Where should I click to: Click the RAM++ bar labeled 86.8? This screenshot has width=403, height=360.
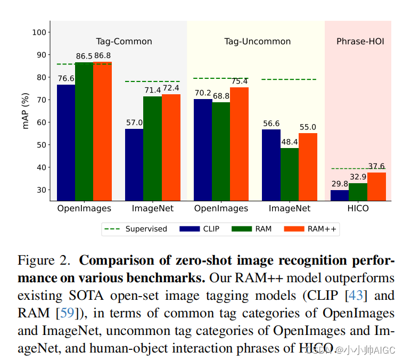[102, 131]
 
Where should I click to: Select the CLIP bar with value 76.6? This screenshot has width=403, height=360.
[66, 142]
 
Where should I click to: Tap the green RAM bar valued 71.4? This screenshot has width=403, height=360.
[152, 148]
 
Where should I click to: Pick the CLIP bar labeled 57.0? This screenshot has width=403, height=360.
[134, 165]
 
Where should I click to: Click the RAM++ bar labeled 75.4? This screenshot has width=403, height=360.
[239, 144]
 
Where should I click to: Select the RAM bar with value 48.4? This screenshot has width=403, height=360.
[290, 174]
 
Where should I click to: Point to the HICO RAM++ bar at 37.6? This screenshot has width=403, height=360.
[376, 186]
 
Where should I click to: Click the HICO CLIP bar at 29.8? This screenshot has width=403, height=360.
[340, 195]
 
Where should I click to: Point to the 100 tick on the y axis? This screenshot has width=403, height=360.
[38, 32]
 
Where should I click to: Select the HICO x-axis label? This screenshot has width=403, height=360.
[358, 208]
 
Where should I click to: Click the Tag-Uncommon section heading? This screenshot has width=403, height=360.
[257, 41]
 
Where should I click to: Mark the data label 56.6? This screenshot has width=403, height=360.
[271, 124]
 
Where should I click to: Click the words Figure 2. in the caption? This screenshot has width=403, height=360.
[44, 261]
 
